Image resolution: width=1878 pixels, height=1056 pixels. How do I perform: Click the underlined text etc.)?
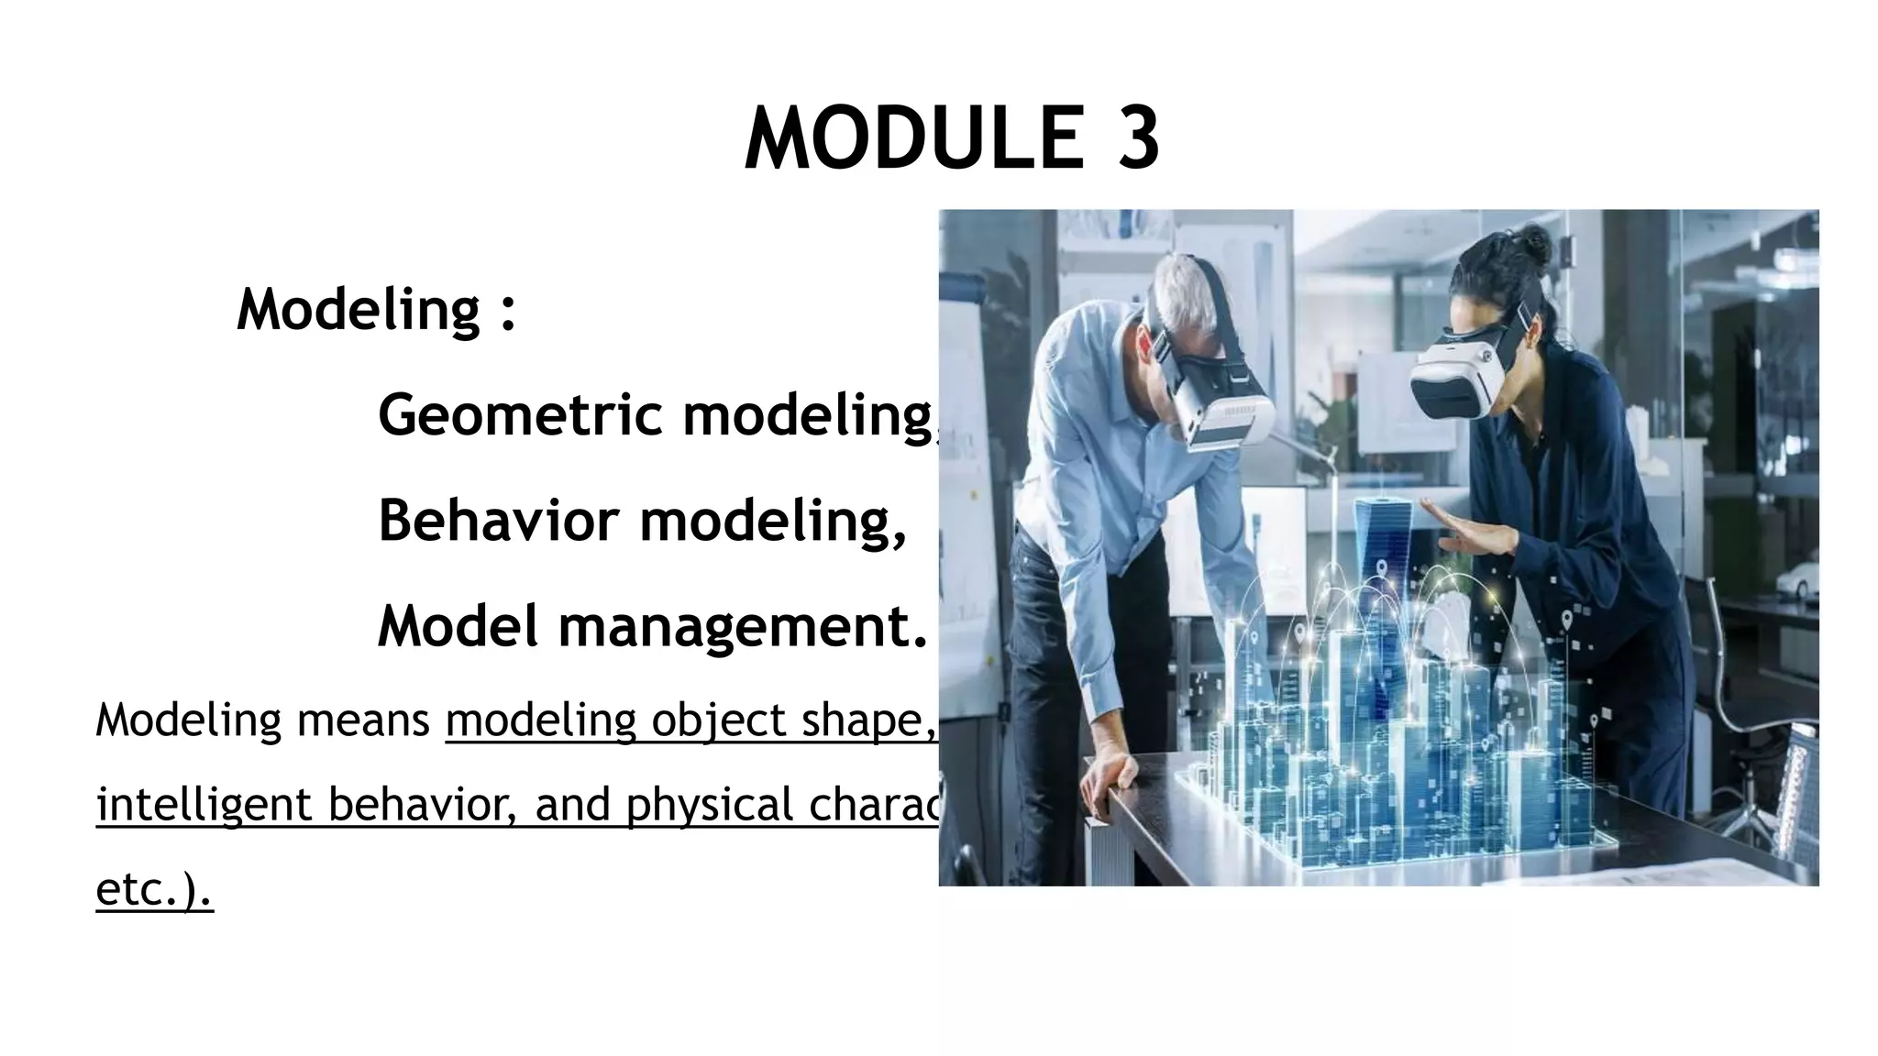click(x=154, y=889)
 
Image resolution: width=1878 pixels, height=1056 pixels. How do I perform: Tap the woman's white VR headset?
click(x=1458, y=376)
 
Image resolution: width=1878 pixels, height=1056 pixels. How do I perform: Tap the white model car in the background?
click(x=1795, y=579)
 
